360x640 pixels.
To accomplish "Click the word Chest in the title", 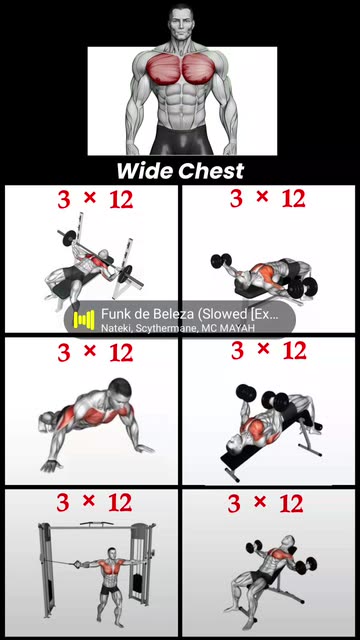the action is [x=211, y=171].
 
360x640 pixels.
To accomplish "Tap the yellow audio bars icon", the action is [x=84, y=320].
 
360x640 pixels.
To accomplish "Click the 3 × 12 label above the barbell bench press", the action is [x=95, y=199].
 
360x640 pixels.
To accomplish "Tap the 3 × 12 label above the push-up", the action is [x=95, y=352].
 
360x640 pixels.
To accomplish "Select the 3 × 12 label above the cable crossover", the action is [x=94, y=502].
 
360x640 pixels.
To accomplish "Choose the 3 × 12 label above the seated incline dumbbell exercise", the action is [x=265, y=503].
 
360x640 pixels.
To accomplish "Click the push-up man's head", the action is [x=121, y=391].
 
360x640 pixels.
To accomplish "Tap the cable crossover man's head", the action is [x=112, y=553].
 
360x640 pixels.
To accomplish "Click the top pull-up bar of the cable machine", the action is [x=96, y=523].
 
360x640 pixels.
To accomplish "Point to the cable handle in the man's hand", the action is [x=78, y=564].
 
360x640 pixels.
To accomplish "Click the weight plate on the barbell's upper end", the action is [x=69, y=238].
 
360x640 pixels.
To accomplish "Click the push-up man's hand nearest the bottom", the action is [x=50, y=465].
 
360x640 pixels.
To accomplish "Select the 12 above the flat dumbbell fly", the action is [x=293, y=198].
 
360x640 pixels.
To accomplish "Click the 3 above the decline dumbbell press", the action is [x=238, y=351].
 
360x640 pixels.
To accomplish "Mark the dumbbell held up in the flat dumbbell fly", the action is [x=221, y=260].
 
